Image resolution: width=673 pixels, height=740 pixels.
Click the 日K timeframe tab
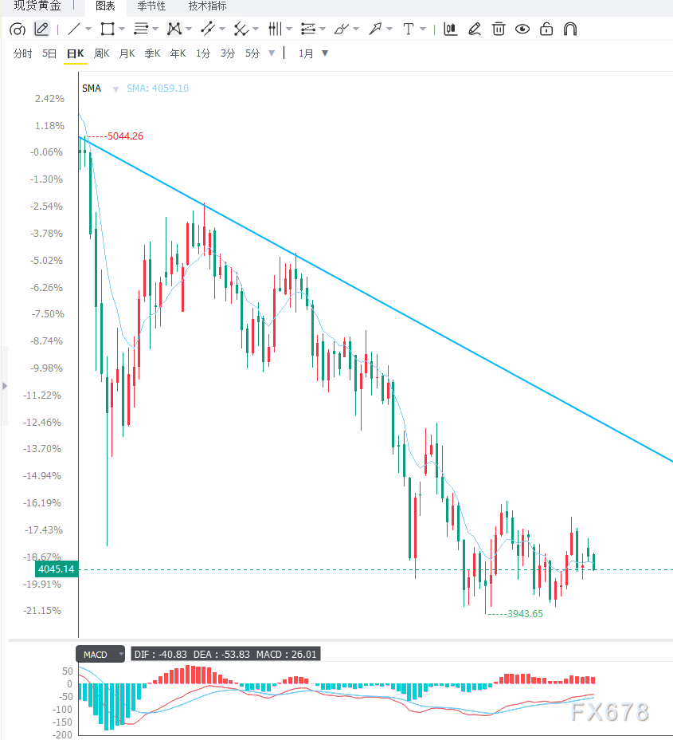point(76,53)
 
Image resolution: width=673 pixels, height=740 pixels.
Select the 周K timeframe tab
point(102,53)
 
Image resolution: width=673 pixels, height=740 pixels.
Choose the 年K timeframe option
point(178,53)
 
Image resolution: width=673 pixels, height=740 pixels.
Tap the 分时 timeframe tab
point(22,53)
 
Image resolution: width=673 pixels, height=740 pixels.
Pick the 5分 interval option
point(252,53)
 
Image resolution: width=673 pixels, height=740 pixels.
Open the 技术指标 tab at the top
point(207,6)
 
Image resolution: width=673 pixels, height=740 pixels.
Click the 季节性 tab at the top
point(151,6)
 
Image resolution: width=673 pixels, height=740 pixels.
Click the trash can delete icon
point(498,30)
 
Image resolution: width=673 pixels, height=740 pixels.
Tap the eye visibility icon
point(522,30)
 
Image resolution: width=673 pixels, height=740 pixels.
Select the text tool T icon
point(408,30)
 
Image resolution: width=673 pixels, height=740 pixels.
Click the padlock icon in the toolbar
point(546,30)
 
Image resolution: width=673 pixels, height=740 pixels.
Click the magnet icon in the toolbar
point(570,30)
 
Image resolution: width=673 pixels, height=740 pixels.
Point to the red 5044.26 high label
point(125,136)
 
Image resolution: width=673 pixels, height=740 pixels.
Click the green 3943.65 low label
point(525,613)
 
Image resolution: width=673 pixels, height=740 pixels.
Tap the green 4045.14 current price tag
point(57,569)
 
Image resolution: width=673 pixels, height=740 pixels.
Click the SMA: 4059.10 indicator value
point(158,89)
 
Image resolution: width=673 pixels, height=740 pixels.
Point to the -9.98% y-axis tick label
point(46,368)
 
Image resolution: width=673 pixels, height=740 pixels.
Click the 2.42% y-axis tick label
point(49,99)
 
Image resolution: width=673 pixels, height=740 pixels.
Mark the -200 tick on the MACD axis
point(62,734)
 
